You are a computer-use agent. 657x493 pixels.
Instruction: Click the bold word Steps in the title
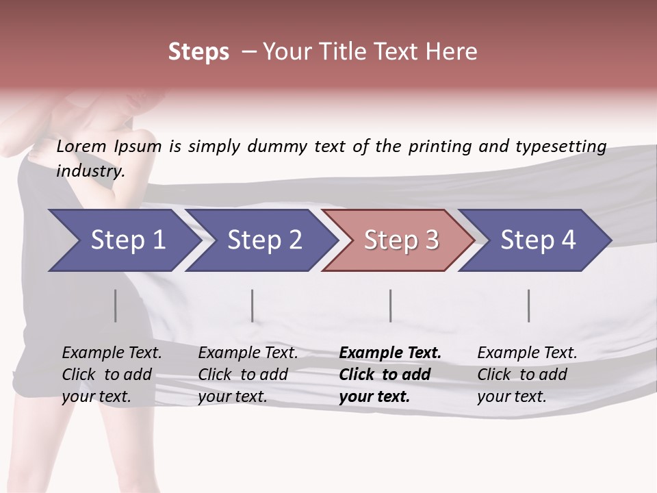pyautogui.click(x=198, y=52)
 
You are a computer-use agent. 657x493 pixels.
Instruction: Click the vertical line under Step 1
pyautogui.click(x=116, y=305)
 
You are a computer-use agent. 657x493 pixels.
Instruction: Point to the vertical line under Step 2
pyautogui.click(x=253, y=305)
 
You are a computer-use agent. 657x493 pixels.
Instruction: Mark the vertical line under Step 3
pyautogui.click(x=391, y=305)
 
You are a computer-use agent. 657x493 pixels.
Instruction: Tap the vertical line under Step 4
pyautogui.click(x=529, y=305)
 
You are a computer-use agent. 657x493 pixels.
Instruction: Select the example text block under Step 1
pyautogui.click(x=112, y=375)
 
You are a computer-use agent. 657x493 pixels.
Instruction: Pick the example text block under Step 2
pyautogui.click(x=248, y=375)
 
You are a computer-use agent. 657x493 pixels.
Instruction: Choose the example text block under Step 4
pyautogui.click(x=527, y=375)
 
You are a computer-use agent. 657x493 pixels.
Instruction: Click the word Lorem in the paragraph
pyautogui.click(x=81, y=147)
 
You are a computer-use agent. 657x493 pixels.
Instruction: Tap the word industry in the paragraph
pyautogui.click(x=90, y=171)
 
